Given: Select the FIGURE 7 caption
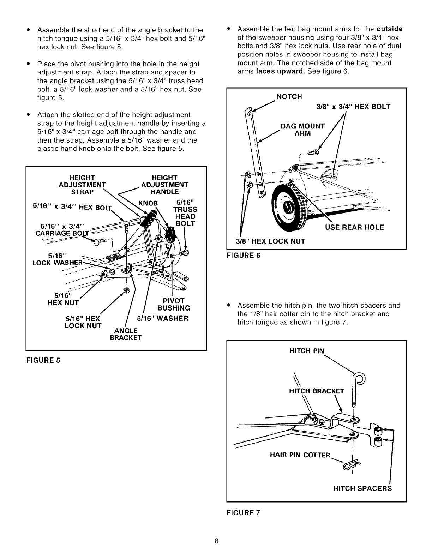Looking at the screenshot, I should [x=243, y=513].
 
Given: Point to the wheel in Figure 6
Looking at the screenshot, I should [x=290, y=205].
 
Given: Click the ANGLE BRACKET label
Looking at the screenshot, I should [x=126, y=334].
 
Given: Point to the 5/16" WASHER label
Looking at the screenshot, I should [x=162, y=318].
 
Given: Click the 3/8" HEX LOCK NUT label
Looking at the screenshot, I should [x=270, y=241].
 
